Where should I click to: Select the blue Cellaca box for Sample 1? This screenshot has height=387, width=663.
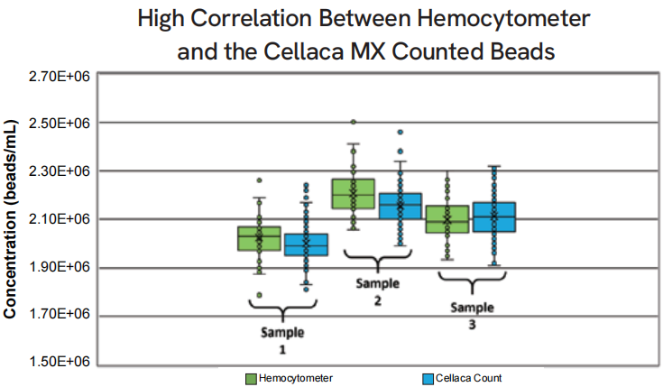tap(306, 244)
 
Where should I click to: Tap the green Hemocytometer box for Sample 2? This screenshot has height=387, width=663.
tap(353, 194)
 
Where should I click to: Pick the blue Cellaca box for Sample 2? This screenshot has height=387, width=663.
tap(400, 206)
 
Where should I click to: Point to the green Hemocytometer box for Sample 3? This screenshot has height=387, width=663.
tap(447, 219)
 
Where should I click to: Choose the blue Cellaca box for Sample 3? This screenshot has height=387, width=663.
tap(494, 217)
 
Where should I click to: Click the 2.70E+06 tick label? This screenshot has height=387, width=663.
tap(60, 77)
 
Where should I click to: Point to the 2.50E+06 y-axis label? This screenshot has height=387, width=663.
tap(60, 123)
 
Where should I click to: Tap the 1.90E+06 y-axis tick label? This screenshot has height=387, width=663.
tap(60, 267)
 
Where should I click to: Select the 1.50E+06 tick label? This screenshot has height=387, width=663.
tap(60, 362)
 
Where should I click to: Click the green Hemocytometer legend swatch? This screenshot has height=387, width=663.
tap(251, 379)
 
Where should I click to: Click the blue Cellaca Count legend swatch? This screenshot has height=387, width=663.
tap(428, 379)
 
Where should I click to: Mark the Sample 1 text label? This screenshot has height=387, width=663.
tap(282, 341)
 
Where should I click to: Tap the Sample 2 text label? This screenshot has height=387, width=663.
tap(378, 292)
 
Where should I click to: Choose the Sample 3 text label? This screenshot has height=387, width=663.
tap(472, 316)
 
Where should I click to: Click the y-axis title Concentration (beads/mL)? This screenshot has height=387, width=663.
tap(10, 219)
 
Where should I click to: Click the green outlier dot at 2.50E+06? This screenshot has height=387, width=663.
tap(353, 122)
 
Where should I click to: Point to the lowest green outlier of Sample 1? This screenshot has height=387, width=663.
tap(259, 295)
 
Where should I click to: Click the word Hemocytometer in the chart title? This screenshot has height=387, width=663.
tap(503, 19)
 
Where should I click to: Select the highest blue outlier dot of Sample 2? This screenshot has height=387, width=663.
tap(400, 133)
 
